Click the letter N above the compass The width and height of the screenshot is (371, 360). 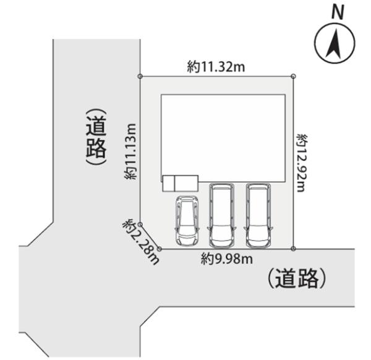[x=338, y=13]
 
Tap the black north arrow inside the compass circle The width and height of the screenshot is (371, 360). [x=335, y=45]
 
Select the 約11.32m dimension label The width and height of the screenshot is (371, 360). [x=216, y=67]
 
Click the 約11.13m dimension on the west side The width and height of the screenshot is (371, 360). [x=130, y=152]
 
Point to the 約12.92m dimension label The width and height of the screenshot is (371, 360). [x=302, y=163]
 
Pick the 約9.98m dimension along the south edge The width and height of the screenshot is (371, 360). [x=227, y=259]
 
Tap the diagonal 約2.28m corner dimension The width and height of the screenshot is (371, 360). [x=141, y=242]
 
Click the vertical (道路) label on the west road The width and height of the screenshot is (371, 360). [x=96, y=137]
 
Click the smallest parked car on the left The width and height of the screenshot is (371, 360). [x=187, y=221]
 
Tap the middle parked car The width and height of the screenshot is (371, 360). [x=221, y=215]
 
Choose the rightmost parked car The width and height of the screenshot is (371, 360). [x=258, y=215]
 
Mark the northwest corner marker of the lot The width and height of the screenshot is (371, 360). [x=140, y=76]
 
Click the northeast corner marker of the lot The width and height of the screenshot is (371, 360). [x=293, y=76]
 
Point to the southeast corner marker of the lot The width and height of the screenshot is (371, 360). [x=293, y=249]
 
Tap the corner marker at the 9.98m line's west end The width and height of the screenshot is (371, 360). [x=160, y=249]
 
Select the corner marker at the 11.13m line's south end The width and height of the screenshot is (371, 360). [x=140, y=224]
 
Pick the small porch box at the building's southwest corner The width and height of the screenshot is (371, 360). [x=181, y=184]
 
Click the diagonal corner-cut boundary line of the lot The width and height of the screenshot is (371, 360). [x=150, y=236]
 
